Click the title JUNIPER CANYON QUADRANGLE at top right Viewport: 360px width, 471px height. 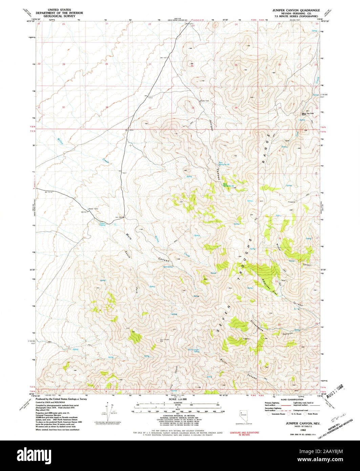coord(296,11)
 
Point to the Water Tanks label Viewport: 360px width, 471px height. coord(93,209)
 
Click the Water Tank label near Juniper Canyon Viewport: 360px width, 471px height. coord(205,101)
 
